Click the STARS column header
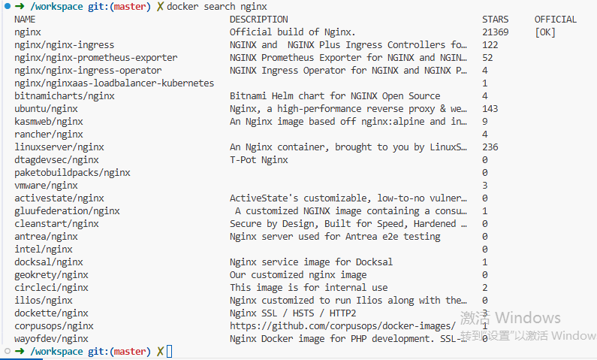(x=495, y=20)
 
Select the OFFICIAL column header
(x=556, y=20)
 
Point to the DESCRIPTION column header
(x=258, y=20)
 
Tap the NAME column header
(x=25, y=20)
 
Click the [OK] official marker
(x=545, y=32)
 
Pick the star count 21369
(x=495, y=32)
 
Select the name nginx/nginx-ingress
(x=65, y=45)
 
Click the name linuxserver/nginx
(x=59, y=147)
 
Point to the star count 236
(x=490, y=147)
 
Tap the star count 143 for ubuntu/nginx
(x=490, y=108)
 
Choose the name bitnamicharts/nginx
(x=65, y=96)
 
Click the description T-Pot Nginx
(x=258, y=159)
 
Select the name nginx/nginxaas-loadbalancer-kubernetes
(x=114, y=83)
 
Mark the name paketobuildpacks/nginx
(x=72, y=173)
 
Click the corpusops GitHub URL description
(x=342, y=326)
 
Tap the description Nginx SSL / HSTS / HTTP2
(x=293, y=313)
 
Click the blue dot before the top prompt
(x=8, y=6)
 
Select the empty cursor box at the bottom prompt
(x=170, y=351)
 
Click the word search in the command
(x=220, y=7)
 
